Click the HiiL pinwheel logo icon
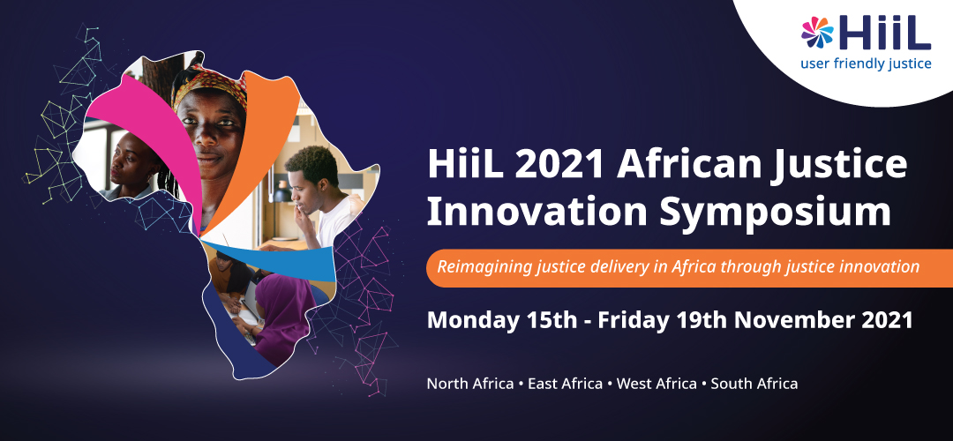tap(817, 33)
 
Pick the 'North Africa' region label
tap(470, 384)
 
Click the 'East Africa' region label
tap(566, 384)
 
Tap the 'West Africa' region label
tap(657, 384)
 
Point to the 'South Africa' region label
tap(754, 384)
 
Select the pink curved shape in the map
tap(152, 134)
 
